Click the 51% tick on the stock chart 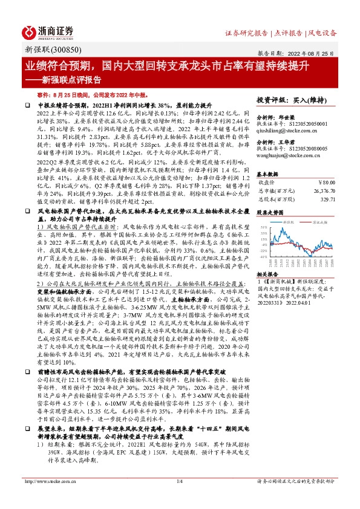click(x=264, y=227)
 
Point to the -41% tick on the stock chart click(x=264, y=256)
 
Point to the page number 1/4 click(x=179, y=481)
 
